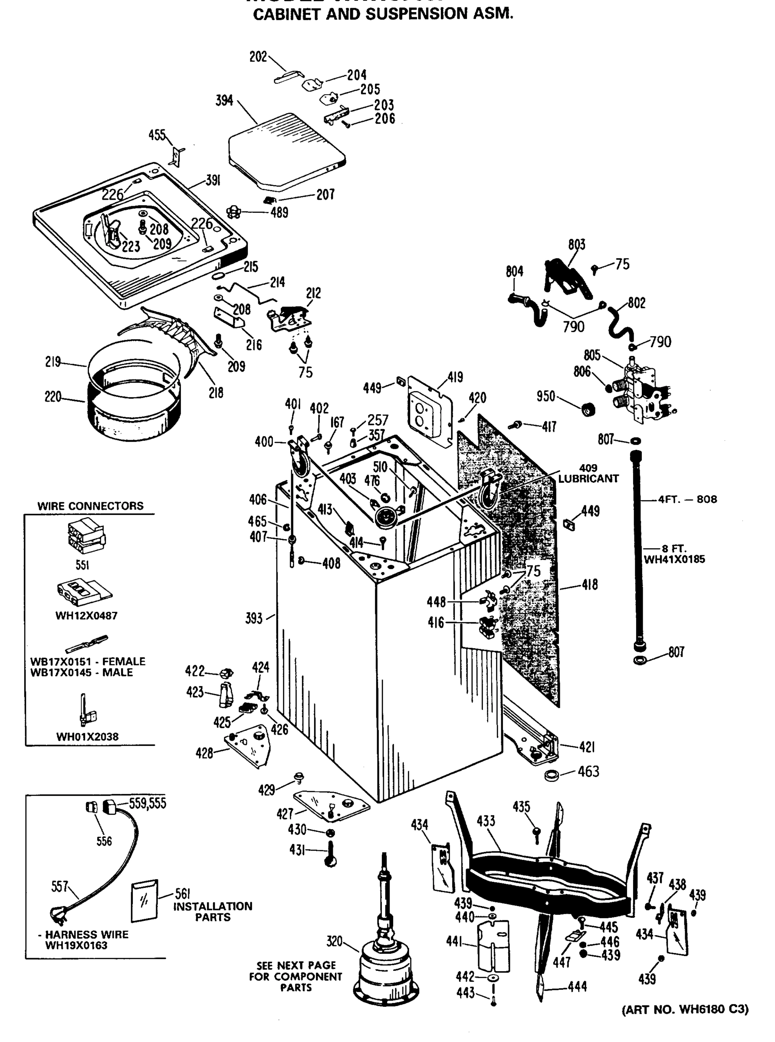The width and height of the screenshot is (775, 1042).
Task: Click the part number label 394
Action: [224, 100]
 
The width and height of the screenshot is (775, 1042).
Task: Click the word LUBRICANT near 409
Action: [588, 479]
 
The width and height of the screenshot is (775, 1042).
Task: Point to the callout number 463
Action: [588, 771]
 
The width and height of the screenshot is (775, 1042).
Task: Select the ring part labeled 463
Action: [552, 775]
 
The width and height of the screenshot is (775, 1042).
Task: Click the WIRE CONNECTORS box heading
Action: [91, 506]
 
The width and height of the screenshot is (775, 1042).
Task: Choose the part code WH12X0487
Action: [86, 615]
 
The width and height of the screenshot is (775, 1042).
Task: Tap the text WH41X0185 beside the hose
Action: [674, 559]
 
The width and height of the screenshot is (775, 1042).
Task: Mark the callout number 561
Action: [182, 894]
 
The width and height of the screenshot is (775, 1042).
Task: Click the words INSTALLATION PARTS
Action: [213, 911]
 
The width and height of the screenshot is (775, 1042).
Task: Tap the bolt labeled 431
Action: [330, 853]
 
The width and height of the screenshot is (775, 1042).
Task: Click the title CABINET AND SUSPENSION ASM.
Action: [383, 14]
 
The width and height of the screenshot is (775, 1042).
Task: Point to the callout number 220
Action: [53, 397]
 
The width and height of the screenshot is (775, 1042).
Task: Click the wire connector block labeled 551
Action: [86, 537]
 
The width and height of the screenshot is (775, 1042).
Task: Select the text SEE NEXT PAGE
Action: [296, 965]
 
